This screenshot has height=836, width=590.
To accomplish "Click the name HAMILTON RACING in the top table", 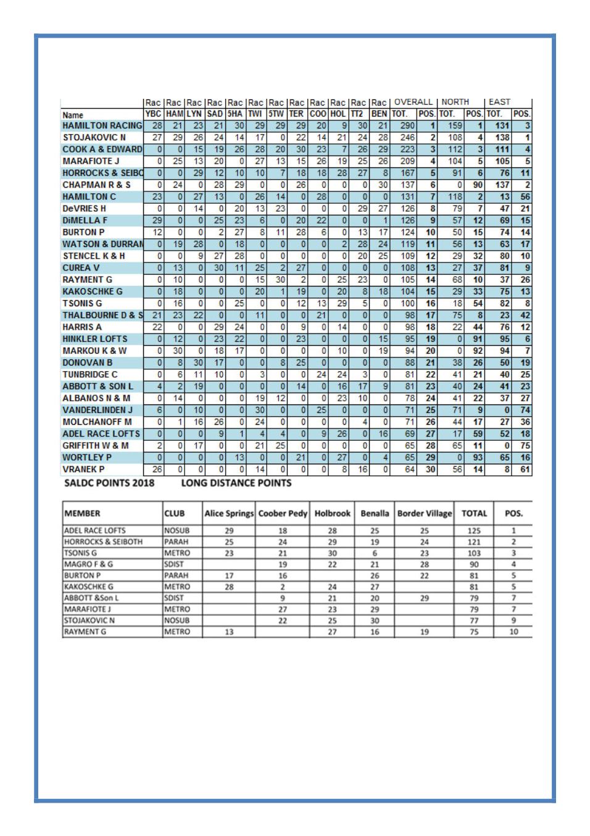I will point(102,126).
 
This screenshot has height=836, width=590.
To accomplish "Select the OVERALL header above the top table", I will point(413,102).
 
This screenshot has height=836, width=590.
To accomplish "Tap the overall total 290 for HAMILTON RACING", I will point(407,126).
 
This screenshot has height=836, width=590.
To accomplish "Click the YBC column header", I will point(153,114).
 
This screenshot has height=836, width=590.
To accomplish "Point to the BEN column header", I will point(379,114).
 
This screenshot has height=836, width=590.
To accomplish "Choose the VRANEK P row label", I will point(83,470).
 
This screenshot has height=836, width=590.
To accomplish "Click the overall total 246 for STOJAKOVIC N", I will point(407,138).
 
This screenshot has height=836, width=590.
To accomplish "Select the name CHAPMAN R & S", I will point(96,185).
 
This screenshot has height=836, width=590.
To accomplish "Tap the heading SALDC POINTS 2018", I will point(109,483).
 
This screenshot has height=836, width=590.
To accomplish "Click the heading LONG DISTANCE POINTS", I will point(236,483).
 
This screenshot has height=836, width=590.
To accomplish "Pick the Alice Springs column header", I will point(228,514).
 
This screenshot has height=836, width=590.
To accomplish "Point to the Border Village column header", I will point(424,514).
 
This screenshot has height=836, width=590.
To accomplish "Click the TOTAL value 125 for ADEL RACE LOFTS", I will point(473,531).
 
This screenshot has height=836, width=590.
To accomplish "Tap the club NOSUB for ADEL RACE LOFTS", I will point(177,531).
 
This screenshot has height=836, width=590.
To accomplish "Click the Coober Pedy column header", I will point(283,514).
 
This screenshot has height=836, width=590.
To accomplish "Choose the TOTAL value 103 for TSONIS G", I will point(473,553).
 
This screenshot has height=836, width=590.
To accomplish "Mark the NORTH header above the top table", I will point(455,102).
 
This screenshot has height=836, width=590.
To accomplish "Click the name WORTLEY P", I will point(87,458).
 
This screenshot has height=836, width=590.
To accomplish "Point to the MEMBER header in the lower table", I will point(82,514).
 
